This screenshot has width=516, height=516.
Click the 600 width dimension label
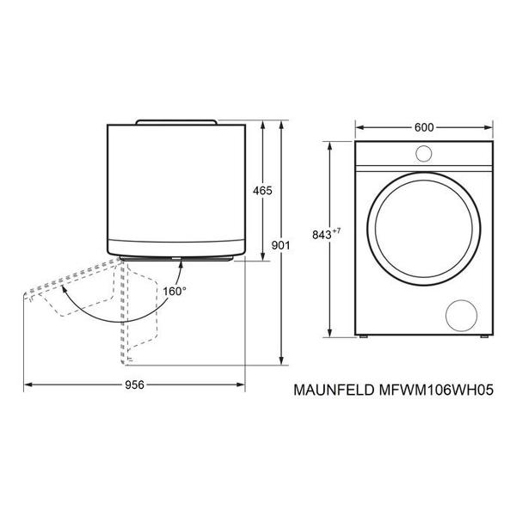click(424, 127)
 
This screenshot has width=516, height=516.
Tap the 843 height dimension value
click(322, 236)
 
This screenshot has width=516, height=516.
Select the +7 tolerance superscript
click(336, 231)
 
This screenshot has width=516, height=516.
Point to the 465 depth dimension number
click(262, 191)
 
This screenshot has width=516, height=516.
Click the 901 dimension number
click(280, 245)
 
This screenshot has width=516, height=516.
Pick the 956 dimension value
click(135, 384)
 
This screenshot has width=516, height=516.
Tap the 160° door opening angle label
click(175, 292)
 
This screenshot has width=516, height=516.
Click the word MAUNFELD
click(334, 390)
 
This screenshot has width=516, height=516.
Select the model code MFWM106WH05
click(436, 390)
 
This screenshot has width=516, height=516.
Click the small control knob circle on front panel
click(423, 154)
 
